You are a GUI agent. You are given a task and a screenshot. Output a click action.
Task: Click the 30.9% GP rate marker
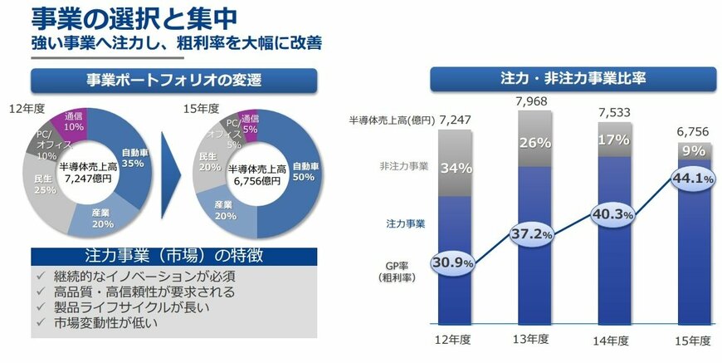click(451, 262)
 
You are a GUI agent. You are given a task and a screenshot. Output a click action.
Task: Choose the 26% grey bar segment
click(537, 142)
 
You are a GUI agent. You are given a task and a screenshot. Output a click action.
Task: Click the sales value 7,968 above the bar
click(535, 103)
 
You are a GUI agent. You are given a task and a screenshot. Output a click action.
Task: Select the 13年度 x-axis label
click(535, 340)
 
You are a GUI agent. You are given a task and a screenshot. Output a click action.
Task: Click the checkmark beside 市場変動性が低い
click(40, 321)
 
